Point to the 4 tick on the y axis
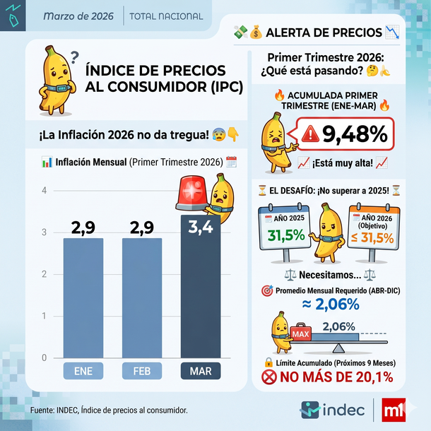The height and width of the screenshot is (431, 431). [x=44, y=191]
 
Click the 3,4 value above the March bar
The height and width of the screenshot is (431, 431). [x=201, y=228]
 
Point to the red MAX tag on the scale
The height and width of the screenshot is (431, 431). [x=301, y=333]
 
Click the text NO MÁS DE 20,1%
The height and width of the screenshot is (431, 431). [x=336, y=378]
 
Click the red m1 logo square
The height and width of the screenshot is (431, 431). [x=393, y=410]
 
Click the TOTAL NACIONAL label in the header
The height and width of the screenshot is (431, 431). [x=166, y=16]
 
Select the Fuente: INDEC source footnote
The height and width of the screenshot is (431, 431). [x=109, y=410]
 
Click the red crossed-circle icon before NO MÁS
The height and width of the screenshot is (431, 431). [x=268, y=378]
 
